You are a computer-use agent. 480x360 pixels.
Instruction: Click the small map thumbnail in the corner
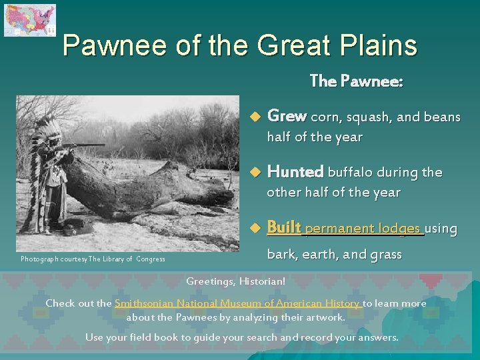(30, 20)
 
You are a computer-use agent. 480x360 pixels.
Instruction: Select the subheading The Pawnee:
(356, 81)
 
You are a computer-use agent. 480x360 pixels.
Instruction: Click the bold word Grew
(287, 116)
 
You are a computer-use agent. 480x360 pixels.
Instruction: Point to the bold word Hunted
(295, 171)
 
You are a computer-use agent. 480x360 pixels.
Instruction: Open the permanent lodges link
(364, 229)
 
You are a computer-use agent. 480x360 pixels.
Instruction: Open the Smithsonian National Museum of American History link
(238, 303)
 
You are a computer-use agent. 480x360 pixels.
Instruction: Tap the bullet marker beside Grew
(253, 117)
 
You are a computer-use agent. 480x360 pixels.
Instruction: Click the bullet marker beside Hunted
(253, 173)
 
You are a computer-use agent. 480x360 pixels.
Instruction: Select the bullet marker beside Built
(253, 229)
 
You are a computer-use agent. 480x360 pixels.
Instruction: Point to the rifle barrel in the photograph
(87, 145)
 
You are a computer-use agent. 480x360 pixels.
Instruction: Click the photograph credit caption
(93, 259)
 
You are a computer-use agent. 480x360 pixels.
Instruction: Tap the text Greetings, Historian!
(235, 281)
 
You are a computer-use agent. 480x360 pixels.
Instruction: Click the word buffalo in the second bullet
(351, 172)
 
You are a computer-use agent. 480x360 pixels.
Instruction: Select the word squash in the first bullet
(366, 117)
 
